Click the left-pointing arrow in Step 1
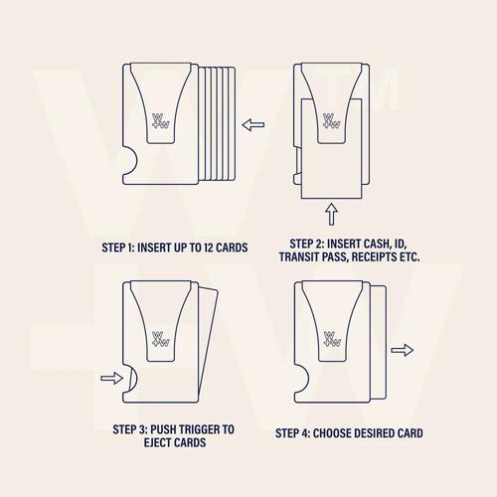[253, 125]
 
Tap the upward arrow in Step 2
[331, 214]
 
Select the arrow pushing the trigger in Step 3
[112, 378]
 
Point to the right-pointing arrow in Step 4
[402, 350]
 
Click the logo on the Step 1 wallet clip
[161, 121]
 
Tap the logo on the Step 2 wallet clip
[332, 121]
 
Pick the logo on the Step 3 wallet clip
[161, 339]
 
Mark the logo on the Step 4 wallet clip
[332, 339]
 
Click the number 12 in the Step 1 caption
[208, 248]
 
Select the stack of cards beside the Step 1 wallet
[218, 124]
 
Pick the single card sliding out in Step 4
[378, 342]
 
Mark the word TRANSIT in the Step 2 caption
[297, 256]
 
